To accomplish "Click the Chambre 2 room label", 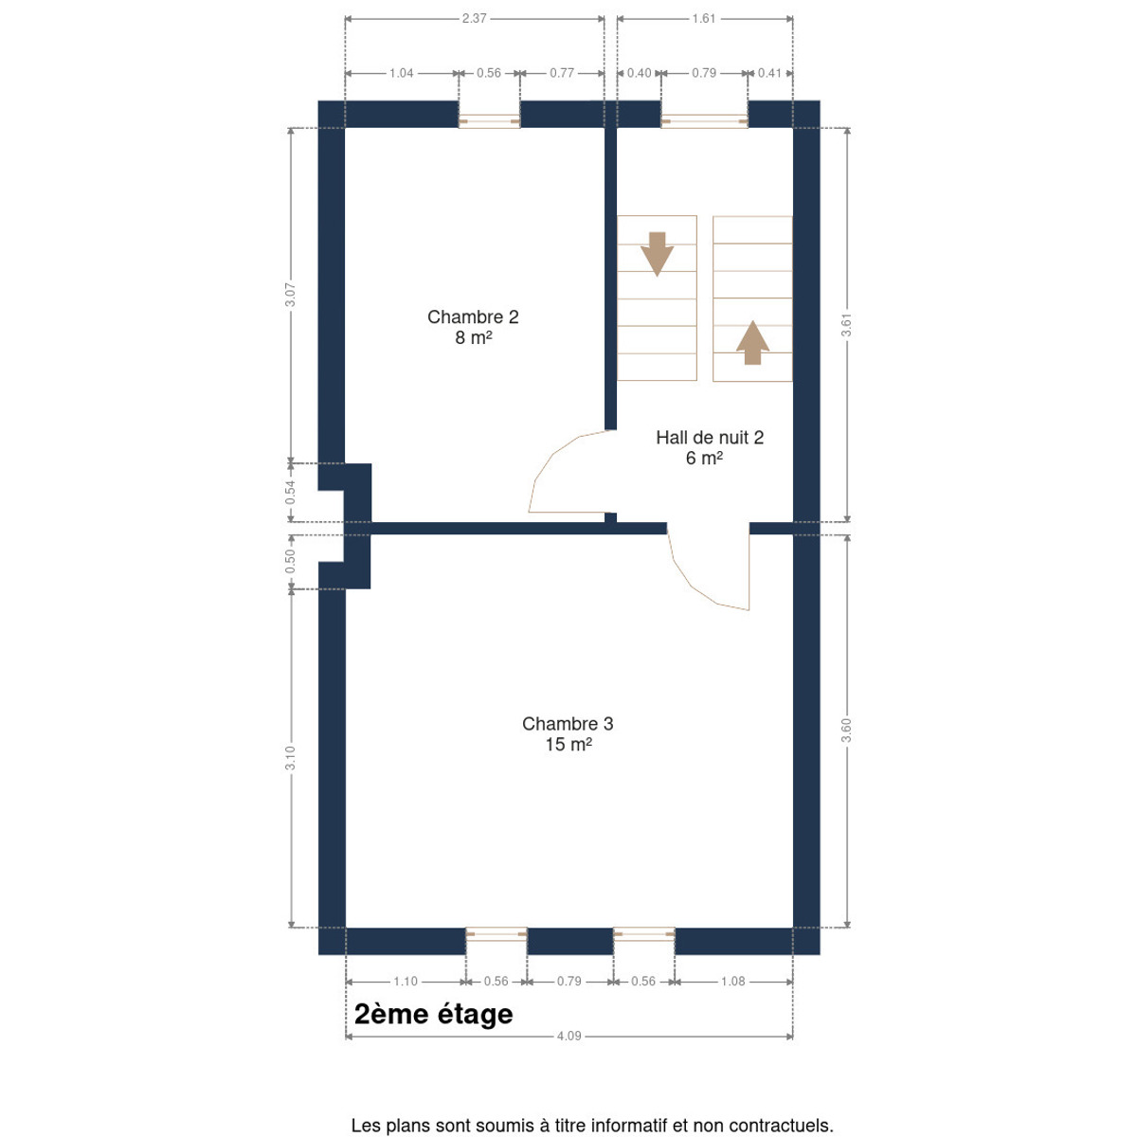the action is (x=473, y=327).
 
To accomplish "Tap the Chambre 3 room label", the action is (x=568, y=734).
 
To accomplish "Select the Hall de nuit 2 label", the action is (x=710, y=447).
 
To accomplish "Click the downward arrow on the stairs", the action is (x=657, y=254).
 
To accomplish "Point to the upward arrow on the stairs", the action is (x=752, y=342).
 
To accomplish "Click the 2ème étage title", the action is (x=434, y=1015).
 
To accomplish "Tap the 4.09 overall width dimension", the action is (x=568, y=1037).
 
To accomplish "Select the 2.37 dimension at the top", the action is (x=475, y=18).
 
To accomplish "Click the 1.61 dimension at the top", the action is (x=704, y=18).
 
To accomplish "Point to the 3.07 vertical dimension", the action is (x=290, y=295).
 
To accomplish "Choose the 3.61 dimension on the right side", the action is (x=847, y=325).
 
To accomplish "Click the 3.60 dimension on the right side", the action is (x=847, y=731).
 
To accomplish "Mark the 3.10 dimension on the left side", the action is (x=290, y=758).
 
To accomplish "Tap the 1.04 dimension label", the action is (x=401, y=73).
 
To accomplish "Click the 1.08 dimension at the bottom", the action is (x=732, y=982).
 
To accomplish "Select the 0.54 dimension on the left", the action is (x=290, y=493).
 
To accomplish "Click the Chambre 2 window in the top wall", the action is (x=489, y=121).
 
